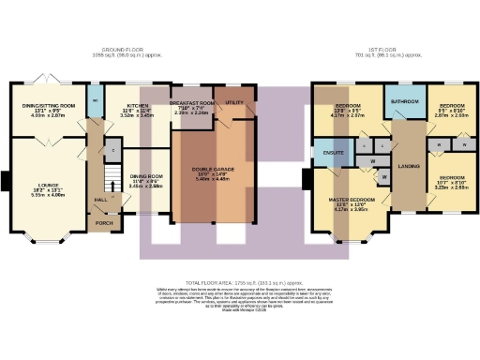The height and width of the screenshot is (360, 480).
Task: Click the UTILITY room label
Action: point(235,101)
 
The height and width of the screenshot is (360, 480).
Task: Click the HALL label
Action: point(100,200)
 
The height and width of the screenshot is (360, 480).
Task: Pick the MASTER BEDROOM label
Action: point(352,200)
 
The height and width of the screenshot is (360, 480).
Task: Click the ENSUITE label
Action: point(334,150)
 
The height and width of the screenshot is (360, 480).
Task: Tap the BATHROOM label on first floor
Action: point(405,99)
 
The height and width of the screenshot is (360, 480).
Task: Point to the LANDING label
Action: point(408,166)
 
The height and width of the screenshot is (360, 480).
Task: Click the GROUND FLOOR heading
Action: point(121,49)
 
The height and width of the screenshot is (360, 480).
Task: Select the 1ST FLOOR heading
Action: point(359,49)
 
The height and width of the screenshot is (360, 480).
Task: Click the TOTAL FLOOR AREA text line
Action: point(240,282)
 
